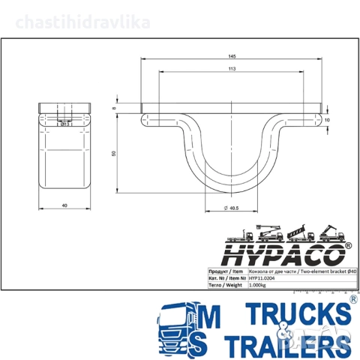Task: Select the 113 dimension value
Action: pyautogui.click(x=231, y=69)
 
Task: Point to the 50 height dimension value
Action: pyautogui.click(x=114, y=153)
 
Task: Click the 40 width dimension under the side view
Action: pyautogui.click(x=64, y=205)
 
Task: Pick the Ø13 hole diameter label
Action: pyautogui.click(x=64, y=124)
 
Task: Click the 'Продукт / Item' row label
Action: pyautogui.click(x=226, y=270)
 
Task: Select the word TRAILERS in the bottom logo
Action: pyautogui.click(x=289, y=344)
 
